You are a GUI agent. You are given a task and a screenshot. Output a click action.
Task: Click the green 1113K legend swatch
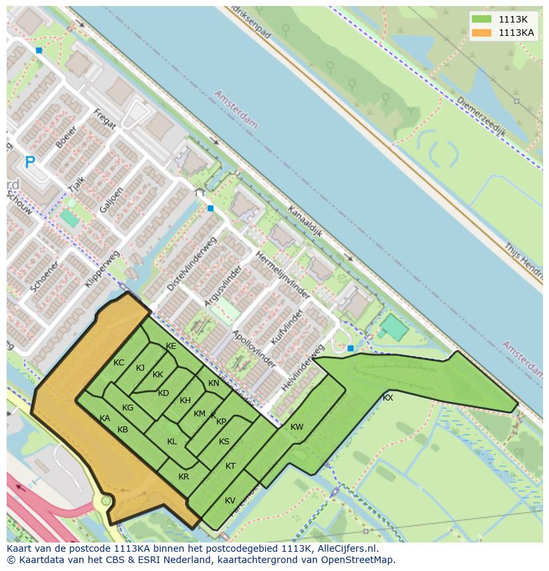point(481,19)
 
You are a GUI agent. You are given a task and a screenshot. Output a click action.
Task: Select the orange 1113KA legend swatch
point(481,32)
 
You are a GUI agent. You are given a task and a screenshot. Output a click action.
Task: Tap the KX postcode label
point(388,398)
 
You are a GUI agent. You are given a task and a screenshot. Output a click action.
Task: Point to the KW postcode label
point(296,427)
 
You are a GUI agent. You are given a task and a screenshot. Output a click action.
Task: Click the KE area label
point(171,346)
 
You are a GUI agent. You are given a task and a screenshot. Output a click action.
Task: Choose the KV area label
point(230,501)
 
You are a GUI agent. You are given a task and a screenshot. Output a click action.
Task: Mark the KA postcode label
point(105,418)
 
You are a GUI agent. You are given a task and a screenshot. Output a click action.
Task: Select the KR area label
point(184,477)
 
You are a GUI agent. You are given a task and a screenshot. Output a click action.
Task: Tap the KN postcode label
point(213,383)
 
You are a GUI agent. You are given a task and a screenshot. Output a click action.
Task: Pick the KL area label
point(172,442)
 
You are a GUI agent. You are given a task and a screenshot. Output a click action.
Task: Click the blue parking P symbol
point(29,162)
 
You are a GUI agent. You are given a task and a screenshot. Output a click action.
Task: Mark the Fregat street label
point(105,119)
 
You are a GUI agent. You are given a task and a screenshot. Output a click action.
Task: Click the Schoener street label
point(44,276)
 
